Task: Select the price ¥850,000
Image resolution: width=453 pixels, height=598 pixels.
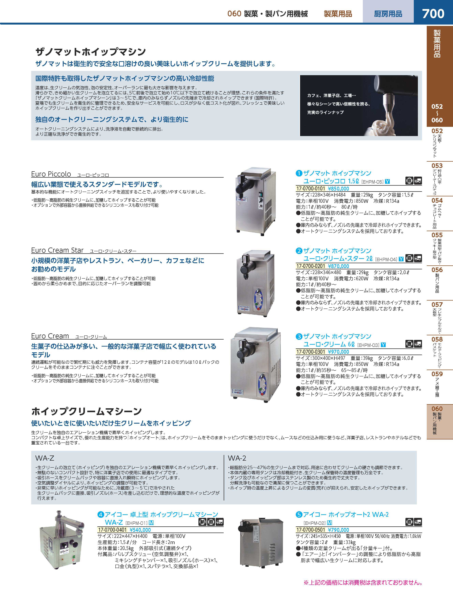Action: point(338,189)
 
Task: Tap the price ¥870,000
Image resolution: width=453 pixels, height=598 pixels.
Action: point(338,266)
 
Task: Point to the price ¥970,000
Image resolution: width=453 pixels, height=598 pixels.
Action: point(338,352)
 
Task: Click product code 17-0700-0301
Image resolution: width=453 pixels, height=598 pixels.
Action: point(311,352)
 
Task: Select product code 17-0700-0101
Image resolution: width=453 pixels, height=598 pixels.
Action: point(311,189)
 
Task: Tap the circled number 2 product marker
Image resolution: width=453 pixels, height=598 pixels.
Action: point(299,251)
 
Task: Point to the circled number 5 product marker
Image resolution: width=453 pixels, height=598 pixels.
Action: point(299,514)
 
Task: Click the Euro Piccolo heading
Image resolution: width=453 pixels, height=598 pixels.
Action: point(51,174)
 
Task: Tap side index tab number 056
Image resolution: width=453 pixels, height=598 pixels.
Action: point(437,270)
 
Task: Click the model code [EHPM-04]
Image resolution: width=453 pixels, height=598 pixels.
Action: point(386,259)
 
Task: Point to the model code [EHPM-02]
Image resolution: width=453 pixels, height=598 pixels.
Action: point(315,523)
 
